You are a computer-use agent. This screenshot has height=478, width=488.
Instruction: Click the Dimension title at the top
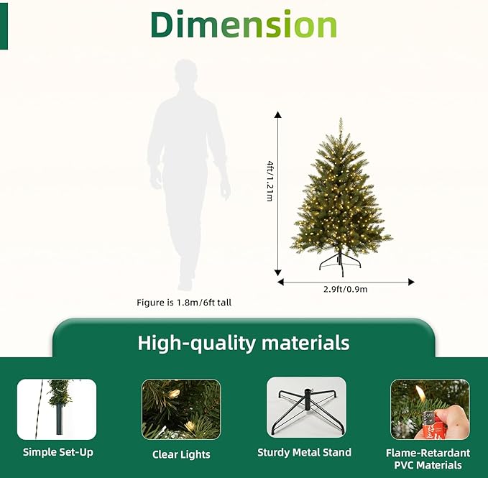point(244,25)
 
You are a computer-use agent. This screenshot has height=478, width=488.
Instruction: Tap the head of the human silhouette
point(185,75)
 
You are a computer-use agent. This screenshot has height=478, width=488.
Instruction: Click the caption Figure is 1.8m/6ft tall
point(184,303)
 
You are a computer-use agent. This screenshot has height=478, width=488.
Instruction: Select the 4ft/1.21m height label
point(270,182)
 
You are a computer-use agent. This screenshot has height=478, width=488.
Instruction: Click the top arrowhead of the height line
point(278,114)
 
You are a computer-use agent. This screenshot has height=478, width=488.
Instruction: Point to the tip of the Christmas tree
point(341,120)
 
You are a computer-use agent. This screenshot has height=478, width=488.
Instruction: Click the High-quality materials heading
point(244,342)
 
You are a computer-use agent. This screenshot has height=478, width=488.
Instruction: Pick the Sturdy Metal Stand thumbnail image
point(306,408)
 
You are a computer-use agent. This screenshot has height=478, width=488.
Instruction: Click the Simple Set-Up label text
point(57,452)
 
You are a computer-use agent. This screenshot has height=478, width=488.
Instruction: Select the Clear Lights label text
point(181,454)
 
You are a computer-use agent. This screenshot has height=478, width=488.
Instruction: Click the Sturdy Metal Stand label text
point(305,452)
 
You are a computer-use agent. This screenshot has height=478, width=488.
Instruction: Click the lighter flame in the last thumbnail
point(420,392)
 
